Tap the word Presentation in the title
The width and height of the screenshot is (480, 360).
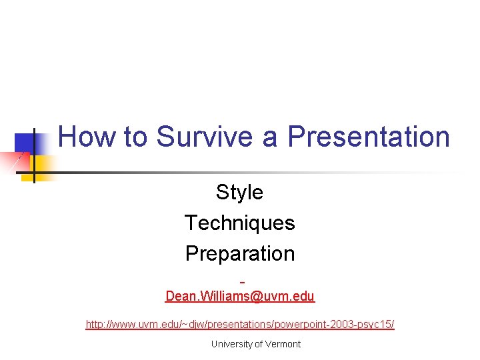(x=369, y=137)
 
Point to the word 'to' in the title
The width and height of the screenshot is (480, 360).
(x=135, y=137)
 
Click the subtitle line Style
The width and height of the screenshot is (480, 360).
(x=239, y=193)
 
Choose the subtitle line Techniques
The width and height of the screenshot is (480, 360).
(x=239, y=223)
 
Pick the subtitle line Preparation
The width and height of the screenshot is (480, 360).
(x=239, y=253)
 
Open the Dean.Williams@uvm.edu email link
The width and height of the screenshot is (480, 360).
(x=239, y=296)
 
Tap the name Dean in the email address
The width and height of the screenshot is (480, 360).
(x=180, y=296)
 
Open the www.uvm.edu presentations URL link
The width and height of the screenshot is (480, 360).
(x=239, y=325)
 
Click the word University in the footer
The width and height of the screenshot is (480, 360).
(x=231, y=344)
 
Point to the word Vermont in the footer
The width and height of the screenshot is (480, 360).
(x=283, y=344)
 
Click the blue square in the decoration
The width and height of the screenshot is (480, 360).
(x=25, y=143)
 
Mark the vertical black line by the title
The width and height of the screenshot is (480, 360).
(x=34, y=153)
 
